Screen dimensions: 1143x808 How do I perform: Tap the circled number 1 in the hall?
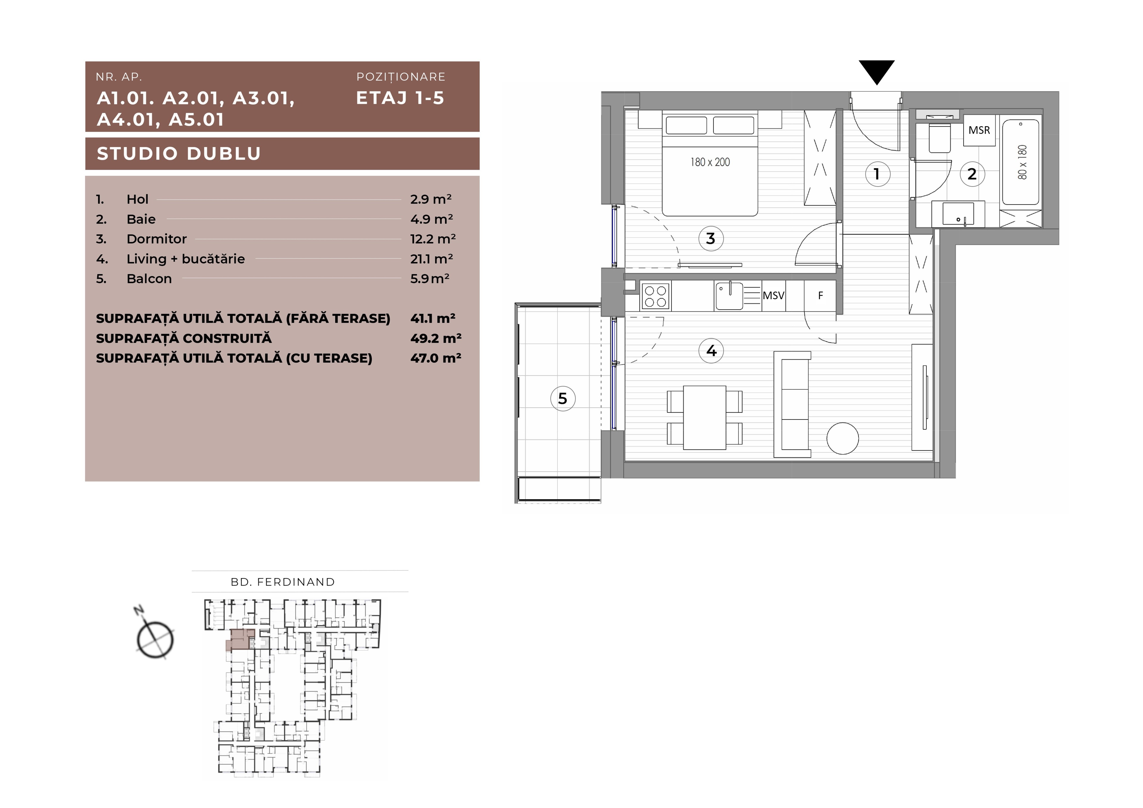click(877, 174)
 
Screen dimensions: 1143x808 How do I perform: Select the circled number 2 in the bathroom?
click(972, 174)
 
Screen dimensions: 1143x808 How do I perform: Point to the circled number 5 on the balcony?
click(563, 398)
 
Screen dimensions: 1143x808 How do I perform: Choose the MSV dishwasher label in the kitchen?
click(774, 295)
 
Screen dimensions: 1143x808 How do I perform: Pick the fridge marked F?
click(820, 296)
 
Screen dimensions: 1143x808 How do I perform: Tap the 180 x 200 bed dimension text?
click(710, 162)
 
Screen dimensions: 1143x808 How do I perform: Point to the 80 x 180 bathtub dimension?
click(1022, 162)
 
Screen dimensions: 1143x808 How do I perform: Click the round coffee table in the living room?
click(842, 438)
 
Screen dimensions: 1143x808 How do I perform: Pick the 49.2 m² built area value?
click(435, 339)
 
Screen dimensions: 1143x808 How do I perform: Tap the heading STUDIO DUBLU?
click(179, 153)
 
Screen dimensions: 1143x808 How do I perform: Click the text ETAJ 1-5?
click(400, 98)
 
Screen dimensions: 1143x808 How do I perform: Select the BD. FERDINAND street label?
click(283, 582)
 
